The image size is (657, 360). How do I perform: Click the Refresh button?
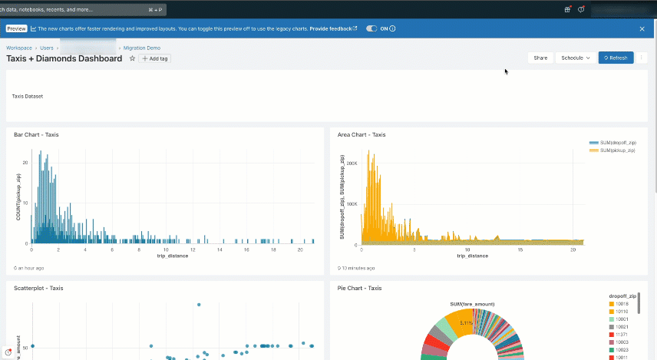click(x=616, y=58)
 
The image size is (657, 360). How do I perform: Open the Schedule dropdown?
click(x=576, y=58)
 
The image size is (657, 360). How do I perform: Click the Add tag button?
click(x=155, y=58)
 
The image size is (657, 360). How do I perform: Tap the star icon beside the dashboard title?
click(x=132, y=58)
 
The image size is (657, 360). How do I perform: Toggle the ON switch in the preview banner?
click(x=372, y=28)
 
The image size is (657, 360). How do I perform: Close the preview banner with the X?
click(x=642, y=28)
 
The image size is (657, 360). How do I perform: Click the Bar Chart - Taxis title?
click(x=36, y=134)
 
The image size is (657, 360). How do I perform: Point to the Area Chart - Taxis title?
click(x=362, y=134)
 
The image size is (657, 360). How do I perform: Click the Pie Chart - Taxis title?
click(x=359, y=288)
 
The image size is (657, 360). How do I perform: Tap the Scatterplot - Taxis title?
click(x=38, y=288)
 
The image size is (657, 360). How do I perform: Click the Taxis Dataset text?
click(x=28, y=97)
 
